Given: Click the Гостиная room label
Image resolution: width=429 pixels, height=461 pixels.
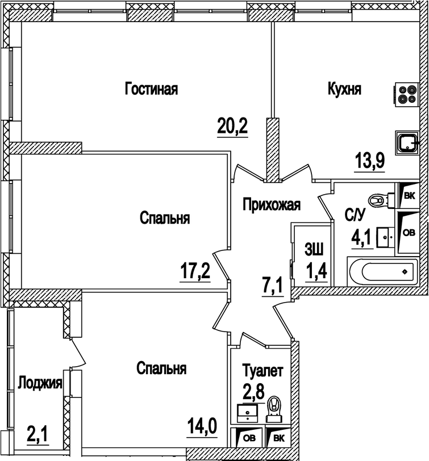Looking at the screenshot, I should [152, 89].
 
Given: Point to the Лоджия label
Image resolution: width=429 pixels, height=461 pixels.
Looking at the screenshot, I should [39, 382].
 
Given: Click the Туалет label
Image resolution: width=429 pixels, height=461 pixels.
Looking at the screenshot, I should [262, 372].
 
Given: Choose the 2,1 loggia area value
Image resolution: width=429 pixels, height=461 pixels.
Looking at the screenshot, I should [38, 437].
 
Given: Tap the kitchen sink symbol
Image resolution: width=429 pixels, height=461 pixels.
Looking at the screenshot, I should [407, 141].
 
